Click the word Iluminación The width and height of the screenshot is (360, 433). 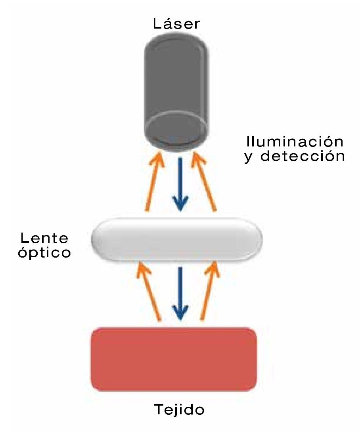(294, 142)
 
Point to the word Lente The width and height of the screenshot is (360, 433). (44, 239)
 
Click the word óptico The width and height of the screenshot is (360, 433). (45, 253)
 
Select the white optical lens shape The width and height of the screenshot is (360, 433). (177, 240)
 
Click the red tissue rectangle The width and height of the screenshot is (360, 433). (174, 359)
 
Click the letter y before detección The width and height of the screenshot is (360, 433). (249, 157)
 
